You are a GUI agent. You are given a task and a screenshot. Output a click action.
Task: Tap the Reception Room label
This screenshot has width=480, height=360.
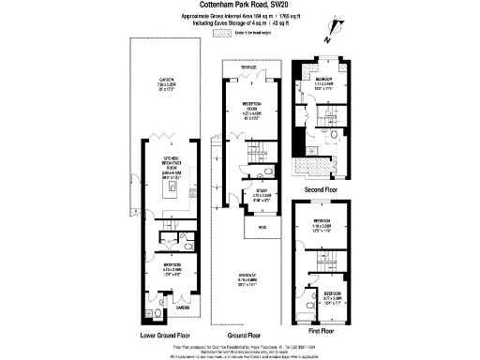[250, 110]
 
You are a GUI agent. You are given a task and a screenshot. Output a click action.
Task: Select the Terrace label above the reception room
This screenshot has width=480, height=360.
[245, 67]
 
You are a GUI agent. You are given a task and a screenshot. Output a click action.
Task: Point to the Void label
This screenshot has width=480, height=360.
[254, 225]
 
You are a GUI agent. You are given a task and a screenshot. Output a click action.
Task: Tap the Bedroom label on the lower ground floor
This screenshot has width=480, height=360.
[170, 271]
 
